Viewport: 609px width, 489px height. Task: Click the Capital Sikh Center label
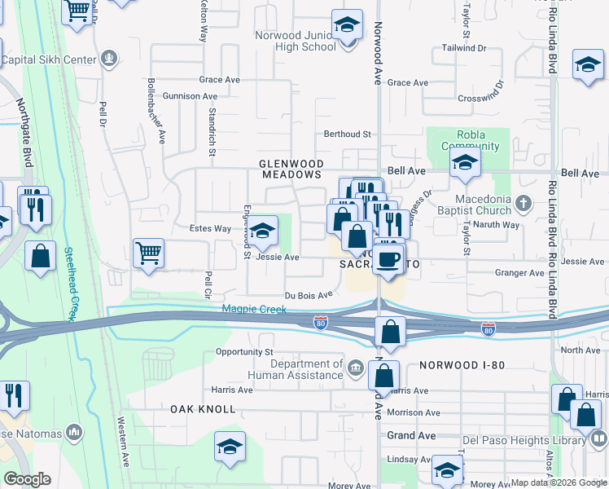click(x=50, y=59)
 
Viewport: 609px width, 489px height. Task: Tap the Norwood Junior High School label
click(x=295, y=41)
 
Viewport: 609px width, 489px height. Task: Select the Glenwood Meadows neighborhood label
click(x=291, y=169)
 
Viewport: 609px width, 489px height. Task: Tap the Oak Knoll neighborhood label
click(x=204, y=409)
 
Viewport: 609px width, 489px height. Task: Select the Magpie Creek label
click(x=249, y=309)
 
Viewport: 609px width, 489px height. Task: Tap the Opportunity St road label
click(x=243, y=351)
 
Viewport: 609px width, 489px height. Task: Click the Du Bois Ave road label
click(x=309, y=295)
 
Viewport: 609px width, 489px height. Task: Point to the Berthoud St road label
click(x=347, y=134)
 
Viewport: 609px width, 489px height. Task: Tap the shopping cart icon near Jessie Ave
click(x=148, y=253)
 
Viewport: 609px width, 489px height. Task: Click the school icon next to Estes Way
click(x=262, y=231)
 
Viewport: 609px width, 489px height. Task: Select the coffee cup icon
click(x=389, y=258)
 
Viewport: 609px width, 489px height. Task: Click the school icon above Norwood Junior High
click(x=347, y=25)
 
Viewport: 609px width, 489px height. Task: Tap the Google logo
click(x=28, y=478)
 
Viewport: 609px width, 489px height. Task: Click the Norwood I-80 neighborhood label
click(x=461, y=368)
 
